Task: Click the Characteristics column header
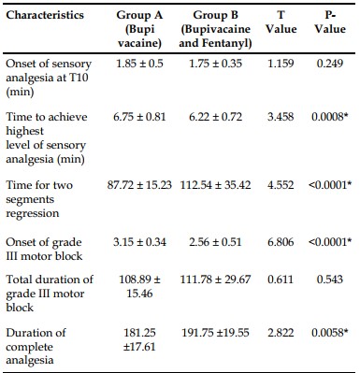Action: [45, 15]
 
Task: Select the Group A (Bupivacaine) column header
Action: [139, 29]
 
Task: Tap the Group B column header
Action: [215, 29]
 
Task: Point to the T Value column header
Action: [281, 22]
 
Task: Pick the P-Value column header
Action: [330, 22]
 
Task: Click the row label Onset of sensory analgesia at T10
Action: [49, 78]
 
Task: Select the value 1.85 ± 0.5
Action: [139, 64]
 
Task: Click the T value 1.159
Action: [281, 64]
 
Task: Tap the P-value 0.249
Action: [330, 64]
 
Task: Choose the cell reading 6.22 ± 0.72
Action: [215, 117]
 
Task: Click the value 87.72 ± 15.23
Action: [139, 185]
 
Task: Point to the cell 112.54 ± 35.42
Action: [215, 185]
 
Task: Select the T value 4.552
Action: [281, 185]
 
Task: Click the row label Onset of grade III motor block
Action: [44, 249]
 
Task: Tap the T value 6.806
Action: [281, 242]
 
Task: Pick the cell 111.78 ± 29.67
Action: [215, 280]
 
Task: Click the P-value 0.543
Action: [330, 280]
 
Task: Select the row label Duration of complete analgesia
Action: [36, 347]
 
